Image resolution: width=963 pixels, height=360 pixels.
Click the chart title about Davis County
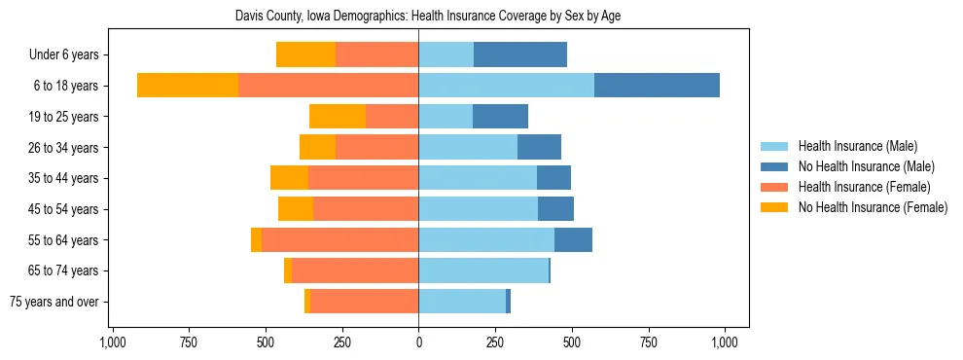click(428, 17)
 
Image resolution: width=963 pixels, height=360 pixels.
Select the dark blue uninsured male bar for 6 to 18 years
click(657, 86)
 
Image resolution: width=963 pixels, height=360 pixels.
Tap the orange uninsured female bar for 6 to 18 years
click(188, 86)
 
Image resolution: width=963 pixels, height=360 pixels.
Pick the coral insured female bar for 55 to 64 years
click(340, 239)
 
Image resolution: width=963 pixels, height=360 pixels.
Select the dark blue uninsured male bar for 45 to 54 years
click(555, 209)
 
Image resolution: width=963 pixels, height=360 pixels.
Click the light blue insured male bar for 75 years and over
click(462, 302)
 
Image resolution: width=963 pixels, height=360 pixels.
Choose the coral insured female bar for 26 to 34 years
click(377, 147)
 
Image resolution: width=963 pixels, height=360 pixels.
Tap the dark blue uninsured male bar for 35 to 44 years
click(553, 178)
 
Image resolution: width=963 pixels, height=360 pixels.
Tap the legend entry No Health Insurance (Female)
click(873, 207)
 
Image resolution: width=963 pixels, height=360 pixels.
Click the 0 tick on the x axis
click(419, 342)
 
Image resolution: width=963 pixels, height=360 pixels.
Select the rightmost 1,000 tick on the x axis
click(725, 342)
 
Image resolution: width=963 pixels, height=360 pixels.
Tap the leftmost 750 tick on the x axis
click(189, 342)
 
